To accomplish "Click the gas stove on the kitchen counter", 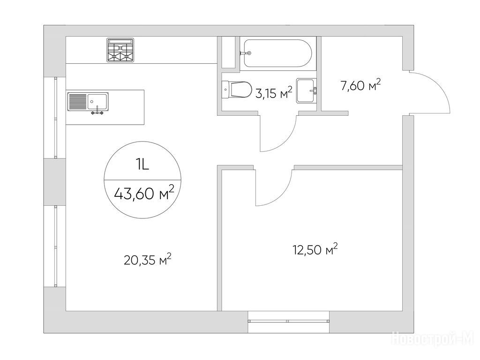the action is tap(120, 50).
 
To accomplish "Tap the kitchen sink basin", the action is tap(97, 101).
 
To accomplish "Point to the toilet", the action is tap(236, 90).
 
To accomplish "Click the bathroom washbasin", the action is tap(307, 90).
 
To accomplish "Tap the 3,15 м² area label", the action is tap(274, 93).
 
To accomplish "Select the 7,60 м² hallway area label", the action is tap(361, 85).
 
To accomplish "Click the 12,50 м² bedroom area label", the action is tap(315, 249).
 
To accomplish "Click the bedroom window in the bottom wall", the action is tap(288, 321).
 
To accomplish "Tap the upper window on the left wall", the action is tap(55, 118).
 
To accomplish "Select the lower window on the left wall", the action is tap(55, 246).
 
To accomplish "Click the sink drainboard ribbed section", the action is tap(77, 101).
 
